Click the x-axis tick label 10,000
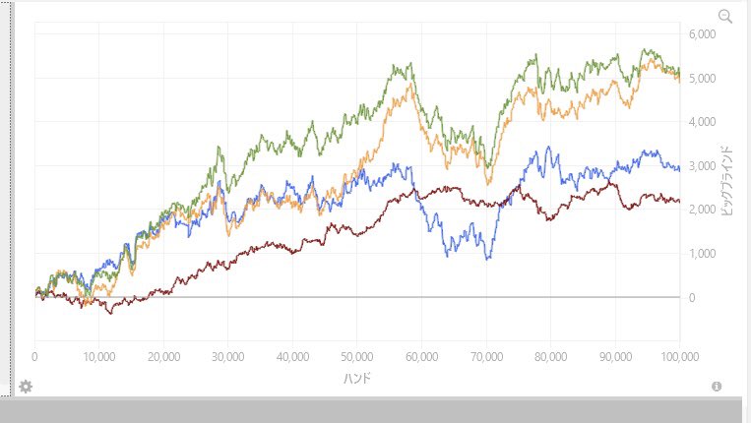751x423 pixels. point(99,357)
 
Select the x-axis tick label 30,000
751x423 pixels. point(228,357)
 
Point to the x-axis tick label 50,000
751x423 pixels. point(357,357)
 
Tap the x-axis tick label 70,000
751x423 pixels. point(486,357)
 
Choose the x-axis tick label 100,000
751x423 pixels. point(679,357)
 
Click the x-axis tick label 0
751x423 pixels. point(34,357)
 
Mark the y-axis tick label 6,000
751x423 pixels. point(702,34)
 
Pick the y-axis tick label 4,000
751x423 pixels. point(702,122)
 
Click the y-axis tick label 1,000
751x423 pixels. point(702,254)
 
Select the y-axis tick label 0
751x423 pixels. point(692,298)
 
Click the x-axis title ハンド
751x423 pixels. point(357,379)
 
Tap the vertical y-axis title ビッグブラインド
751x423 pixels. point(726,180)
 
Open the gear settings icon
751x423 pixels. point(26,387)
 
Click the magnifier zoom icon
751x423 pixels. point(725,17)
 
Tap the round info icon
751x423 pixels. point(717,387)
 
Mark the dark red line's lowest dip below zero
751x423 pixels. point(111,313)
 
